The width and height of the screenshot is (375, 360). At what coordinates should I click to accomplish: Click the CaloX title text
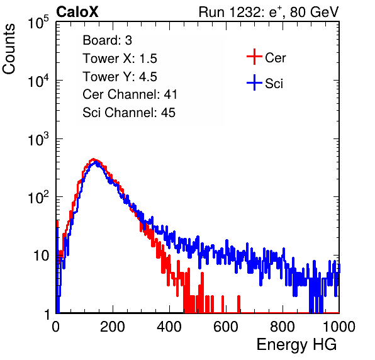pyautogui.click(x=77, y=12)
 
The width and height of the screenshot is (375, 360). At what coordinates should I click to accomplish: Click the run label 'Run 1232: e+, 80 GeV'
pyautogui.click(x=269, y=12)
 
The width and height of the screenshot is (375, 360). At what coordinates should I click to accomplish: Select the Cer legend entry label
pyautogui.click(x=275, y=58)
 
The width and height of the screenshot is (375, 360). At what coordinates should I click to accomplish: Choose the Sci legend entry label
pyautogui.click(x=274, y=84)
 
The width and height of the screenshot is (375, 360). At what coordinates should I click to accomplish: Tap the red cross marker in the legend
pyautogui.click(x=254, y=57)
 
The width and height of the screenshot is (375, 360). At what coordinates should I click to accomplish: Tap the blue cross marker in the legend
pyautogui.click(x=254, y=82)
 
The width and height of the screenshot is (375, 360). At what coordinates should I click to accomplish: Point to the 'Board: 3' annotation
pyautogui.click(x=107, y=40)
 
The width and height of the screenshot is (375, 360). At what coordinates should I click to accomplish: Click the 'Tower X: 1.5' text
pyautogui.click(x=120, y=59)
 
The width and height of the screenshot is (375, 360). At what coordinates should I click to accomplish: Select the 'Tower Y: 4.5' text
pyautogui.click(x=120, y=77)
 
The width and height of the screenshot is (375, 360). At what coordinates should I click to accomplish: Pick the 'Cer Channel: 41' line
pyautogui.click(x=130, y=94)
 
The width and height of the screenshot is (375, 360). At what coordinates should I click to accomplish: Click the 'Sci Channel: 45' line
pyautogui.click(x=129, y=113)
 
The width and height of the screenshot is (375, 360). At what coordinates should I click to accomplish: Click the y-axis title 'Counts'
pyautogui.click(x=9, y=49)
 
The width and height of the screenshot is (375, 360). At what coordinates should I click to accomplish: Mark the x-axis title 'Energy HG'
pyautogui.click(x=296, y=345)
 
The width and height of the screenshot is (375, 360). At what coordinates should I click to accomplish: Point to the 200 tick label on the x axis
pyautogui.click(x=113, y=327)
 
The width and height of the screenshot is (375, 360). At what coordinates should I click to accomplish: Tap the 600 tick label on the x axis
pyautogui.click(x=226, y=327)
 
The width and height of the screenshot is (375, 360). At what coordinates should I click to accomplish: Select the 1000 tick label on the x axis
pyautogui.click(x=339, y=327)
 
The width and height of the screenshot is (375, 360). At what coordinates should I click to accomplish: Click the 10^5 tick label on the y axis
pyautogui.click(x=38, y=22)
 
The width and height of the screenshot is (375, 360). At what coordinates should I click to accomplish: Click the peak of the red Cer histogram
pyautogui.click(x=94, y=159)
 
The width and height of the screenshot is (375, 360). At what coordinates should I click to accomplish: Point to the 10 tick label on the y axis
pyautogui.click(x=41, y=256)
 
